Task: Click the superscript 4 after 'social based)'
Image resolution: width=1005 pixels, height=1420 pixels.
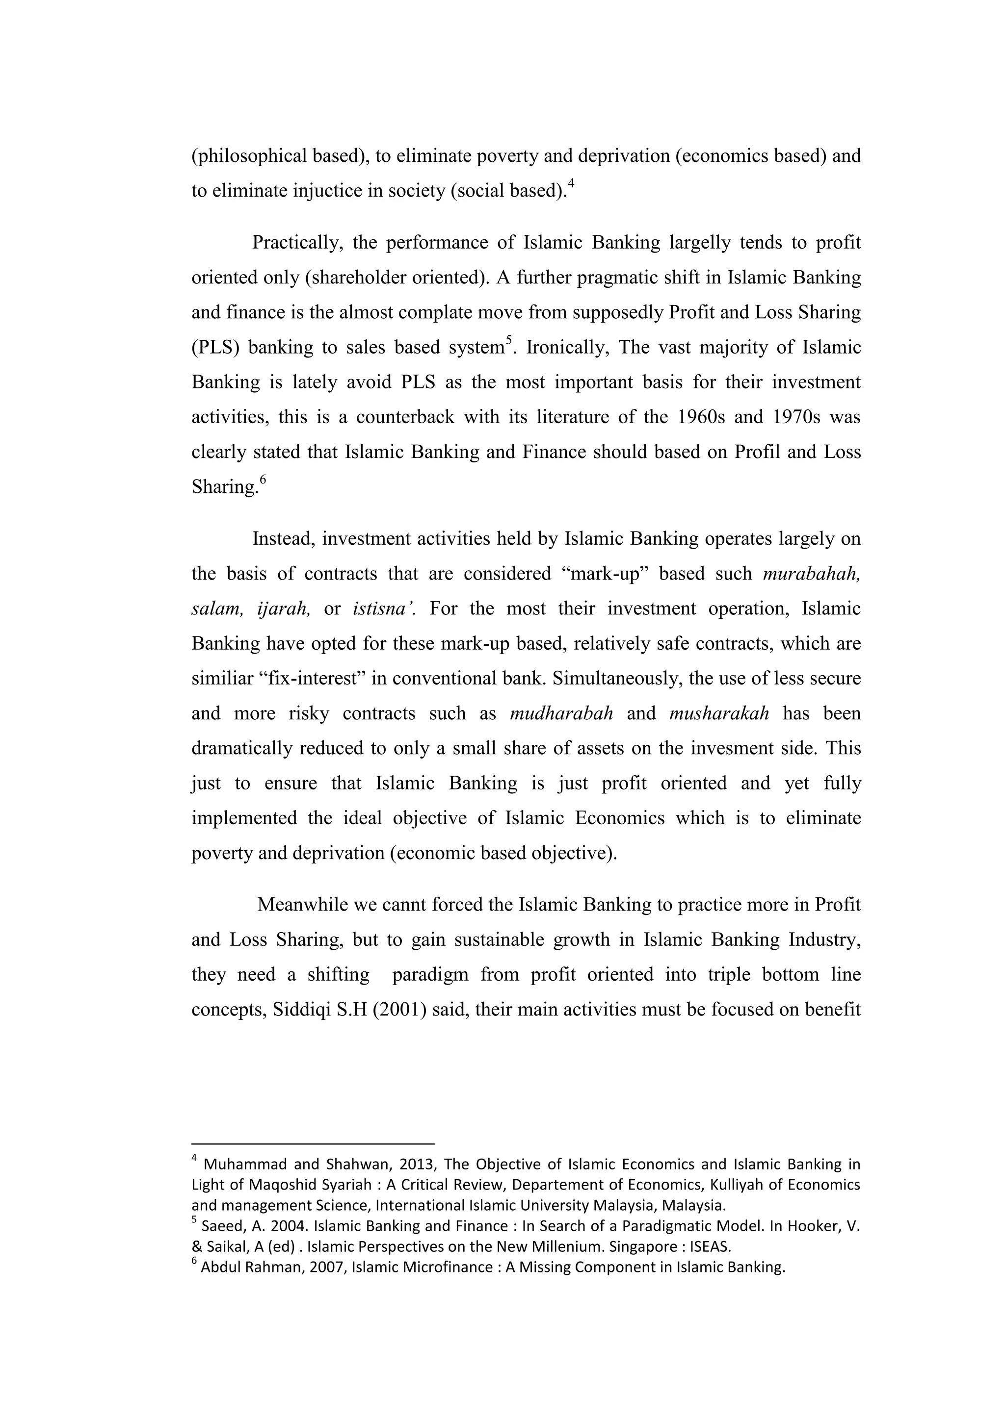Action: (571, 183)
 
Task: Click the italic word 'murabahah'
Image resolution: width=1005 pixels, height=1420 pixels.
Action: (811, 574)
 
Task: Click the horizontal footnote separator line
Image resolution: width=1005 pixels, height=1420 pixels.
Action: (313, 1143)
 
